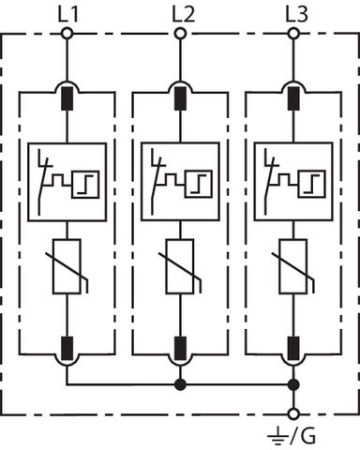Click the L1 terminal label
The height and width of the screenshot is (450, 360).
point(67,15)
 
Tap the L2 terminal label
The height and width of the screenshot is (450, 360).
point(184,15)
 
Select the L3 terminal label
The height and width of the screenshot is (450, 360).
point(297,15)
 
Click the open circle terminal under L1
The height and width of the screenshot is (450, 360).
point(67,33)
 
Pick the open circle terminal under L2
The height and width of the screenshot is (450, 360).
point(180,33)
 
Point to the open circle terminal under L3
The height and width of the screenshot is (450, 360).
point(293,33)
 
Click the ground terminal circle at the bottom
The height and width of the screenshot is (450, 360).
point(293,414)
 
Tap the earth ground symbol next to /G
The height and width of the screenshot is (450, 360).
point(277,437)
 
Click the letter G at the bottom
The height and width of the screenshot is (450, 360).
point(307,436)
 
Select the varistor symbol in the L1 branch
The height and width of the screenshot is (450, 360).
point(67,266)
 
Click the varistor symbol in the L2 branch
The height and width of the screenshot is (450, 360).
point(180,266)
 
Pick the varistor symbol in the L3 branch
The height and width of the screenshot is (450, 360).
point(293,266)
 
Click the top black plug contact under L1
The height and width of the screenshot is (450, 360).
point(67,98)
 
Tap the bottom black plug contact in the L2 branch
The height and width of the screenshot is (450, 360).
point(180,349)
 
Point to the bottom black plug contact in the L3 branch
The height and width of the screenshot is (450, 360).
point(293,349)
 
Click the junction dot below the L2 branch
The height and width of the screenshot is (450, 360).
point(180,384)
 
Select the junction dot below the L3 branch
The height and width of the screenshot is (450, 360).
point(293,384)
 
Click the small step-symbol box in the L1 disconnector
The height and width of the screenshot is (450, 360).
point(85,185)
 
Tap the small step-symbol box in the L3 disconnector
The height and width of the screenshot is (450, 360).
point(312,185)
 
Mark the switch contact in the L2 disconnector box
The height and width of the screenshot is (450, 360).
point(157,182)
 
